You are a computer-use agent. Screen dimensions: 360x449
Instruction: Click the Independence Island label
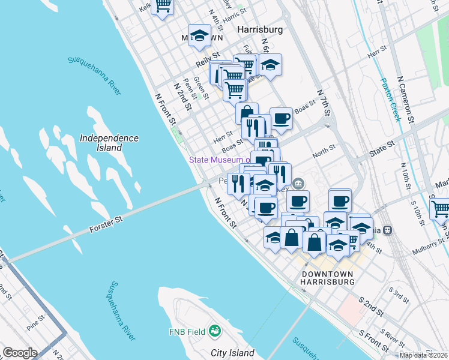(x=109, y=143)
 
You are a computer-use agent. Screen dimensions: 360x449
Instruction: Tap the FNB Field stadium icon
(x=214, y=331)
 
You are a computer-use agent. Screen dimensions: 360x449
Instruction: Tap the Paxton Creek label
(x=390, y=99)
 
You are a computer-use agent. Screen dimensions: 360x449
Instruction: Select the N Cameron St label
(x=406, y=99)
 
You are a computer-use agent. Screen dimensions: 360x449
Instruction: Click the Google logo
(x=20, y=353)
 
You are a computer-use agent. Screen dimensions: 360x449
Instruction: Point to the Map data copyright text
(x=423, y=355)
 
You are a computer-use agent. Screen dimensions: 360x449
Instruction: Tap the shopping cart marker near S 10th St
(x=440, y=209)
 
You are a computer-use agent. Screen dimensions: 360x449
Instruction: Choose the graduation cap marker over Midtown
(x=199, y=34)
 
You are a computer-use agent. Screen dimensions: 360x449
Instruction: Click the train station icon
(x=388, y=229)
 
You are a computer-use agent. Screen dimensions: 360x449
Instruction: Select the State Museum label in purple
(x=219, y=160)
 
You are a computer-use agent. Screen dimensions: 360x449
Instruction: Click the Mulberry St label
(x=427, y=248)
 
